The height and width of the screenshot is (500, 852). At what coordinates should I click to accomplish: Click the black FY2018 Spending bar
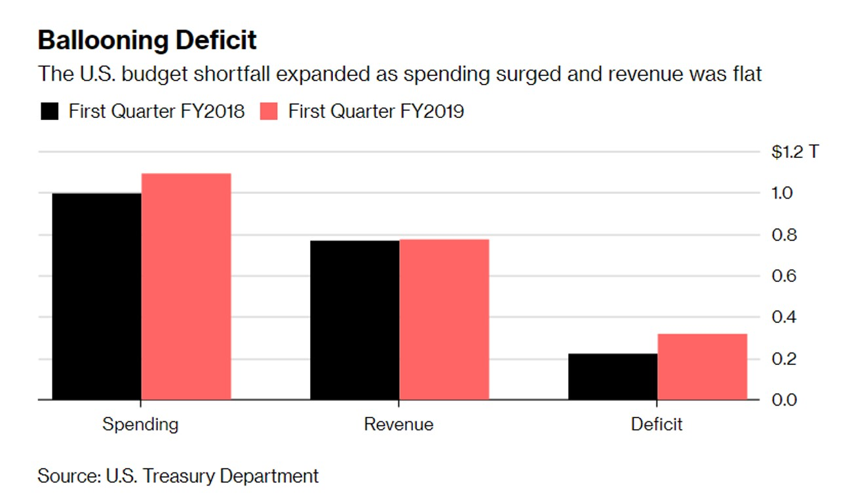pos(96,296)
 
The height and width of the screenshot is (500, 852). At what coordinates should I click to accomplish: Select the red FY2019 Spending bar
pos(186,286)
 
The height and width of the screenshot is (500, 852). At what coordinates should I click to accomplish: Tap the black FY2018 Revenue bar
pos(355,320)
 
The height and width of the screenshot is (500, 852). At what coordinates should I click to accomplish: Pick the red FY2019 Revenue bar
pos(444,319)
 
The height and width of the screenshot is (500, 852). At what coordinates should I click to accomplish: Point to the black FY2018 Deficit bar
pos(613,376)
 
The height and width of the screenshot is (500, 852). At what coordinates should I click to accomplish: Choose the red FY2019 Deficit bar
pos(702,366)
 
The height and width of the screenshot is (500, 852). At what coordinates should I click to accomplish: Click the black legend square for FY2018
pos(50,111)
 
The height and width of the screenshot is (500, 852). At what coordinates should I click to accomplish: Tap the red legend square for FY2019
pos(269,111)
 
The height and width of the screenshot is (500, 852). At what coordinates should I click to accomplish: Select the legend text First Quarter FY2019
pos(376,111)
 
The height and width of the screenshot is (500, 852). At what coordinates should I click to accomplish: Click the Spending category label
pos(140,425)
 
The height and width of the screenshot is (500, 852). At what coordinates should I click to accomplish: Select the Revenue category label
pos(398,425)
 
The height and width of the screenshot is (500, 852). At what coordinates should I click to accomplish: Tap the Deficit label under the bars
pos(657,425)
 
